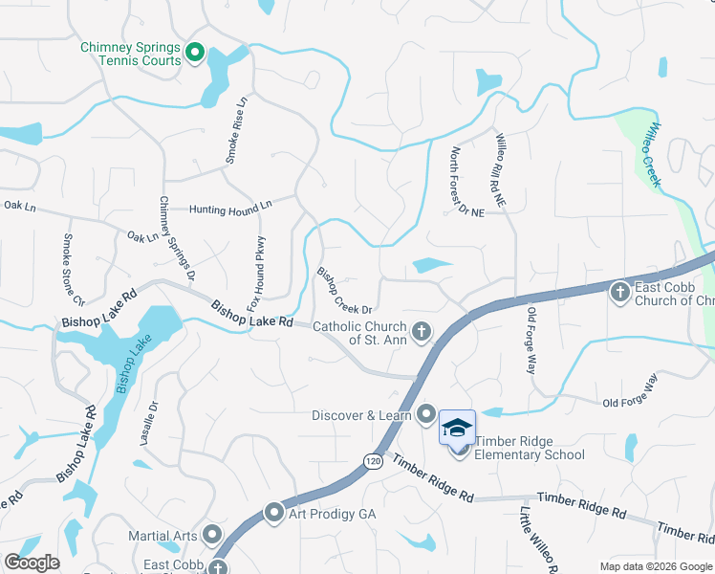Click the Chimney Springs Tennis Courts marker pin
tap(196, 53)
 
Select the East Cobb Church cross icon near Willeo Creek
tap(619, 292)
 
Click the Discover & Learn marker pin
tap(425, 414)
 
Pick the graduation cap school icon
tap(457, 427)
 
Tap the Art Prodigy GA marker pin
tap(274, 514)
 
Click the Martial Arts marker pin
tap(212, 535)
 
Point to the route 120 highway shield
tap(370, 461)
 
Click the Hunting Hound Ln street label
tap(230, 207)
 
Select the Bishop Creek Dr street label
tap(343, 290)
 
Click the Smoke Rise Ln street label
tap(236, 129)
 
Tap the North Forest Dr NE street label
tap(467, 181)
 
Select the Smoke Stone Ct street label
tap(74, 269)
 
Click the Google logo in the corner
tap(32, 563)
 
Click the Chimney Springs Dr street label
tap(177, 238)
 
